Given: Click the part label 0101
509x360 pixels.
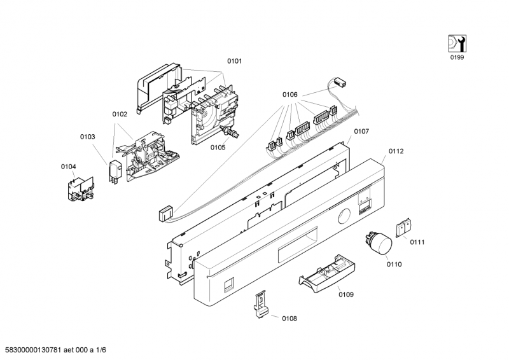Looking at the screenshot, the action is [x=234, y=61].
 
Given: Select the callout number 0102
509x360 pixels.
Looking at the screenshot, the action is [x=120, y=114].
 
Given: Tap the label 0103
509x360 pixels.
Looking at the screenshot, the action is [x=88, y=137].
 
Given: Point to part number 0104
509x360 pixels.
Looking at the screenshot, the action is [x=69, y=167].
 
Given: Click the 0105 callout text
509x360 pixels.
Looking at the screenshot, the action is [x=218, y=148].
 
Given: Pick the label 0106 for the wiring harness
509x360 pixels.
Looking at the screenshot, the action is [x=290, y=95].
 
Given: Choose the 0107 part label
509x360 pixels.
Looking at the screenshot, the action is [x=361, y=131].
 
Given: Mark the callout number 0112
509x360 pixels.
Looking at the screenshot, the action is [x=396, y=151].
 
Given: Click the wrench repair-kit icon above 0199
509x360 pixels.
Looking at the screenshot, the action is [x=457, y=43].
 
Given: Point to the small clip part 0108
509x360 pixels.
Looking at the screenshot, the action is [x=261, y=304].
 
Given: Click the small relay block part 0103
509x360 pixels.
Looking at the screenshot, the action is [x=115, y=172].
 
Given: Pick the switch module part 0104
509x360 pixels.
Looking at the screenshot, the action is [x=81, y=189].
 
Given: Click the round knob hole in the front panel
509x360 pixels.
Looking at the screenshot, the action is [x=344, y=216].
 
